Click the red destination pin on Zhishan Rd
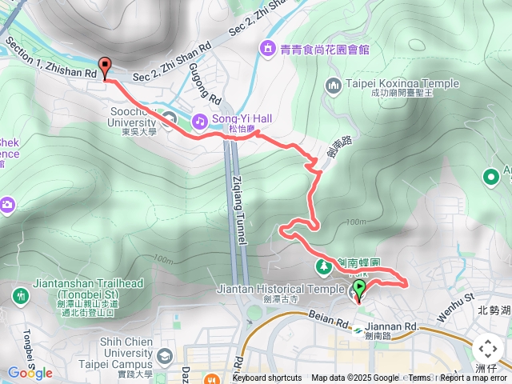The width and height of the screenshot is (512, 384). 105,68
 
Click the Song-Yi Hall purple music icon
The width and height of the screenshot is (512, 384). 198,120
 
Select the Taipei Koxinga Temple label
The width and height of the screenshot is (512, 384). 403,83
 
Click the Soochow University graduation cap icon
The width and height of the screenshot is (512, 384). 169,120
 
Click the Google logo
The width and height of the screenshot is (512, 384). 30,373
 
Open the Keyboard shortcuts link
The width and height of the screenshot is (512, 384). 266,378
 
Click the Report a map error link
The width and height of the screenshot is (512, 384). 474,378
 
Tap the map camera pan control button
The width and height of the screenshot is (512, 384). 486,350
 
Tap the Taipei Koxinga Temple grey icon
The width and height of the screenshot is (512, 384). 334,83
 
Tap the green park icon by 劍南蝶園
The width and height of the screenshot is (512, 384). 325,265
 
